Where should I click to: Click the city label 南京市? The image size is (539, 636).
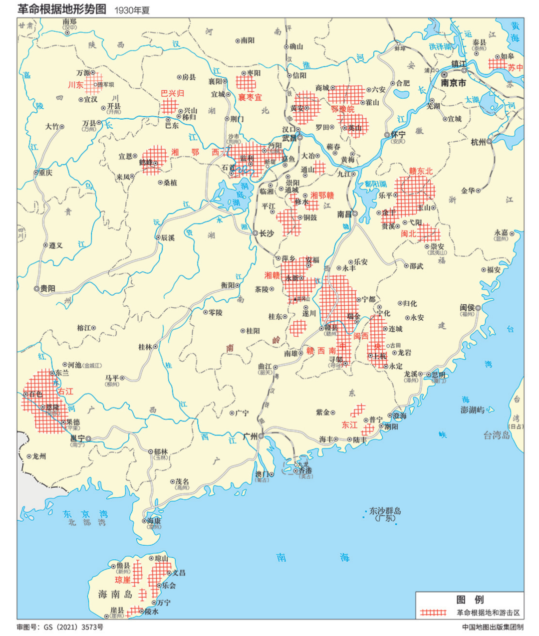pos(453,83)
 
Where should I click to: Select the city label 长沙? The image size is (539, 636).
pos(267,233)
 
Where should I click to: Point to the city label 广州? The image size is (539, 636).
pos(250,436)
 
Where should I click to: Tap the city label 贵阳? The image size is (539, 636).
pos(48,288)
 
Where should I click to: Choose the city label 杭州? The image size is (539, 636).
pos(478,142)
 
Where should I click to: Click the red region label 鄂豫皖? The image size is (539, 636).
pos(343,109)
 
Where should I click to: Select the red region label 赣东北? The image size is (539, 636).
pos(421,171)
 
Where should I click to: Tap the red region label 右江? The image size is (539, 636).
pos(65,392)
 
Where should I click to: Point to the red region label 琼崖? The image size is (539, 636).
pos(123,580)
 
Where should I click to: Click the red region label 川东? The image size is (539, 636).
pos(76,85)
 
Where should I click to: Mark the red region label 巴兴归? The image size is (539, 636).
pos(172,93)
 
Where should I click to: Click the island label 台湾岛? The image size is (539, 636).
pos(497,435)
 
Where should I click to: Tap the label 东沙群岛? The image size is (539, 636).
pos(385,511)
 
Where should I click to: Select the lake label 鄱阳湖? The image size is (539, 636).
pos(376,184)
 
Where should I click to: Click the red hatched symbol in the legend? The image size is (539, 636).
pos(433,612)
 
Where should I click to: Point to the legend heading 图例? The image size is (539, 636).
pos(470,600)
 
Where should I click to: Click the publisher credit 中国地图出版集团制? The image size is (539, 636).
pos(493,627)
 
